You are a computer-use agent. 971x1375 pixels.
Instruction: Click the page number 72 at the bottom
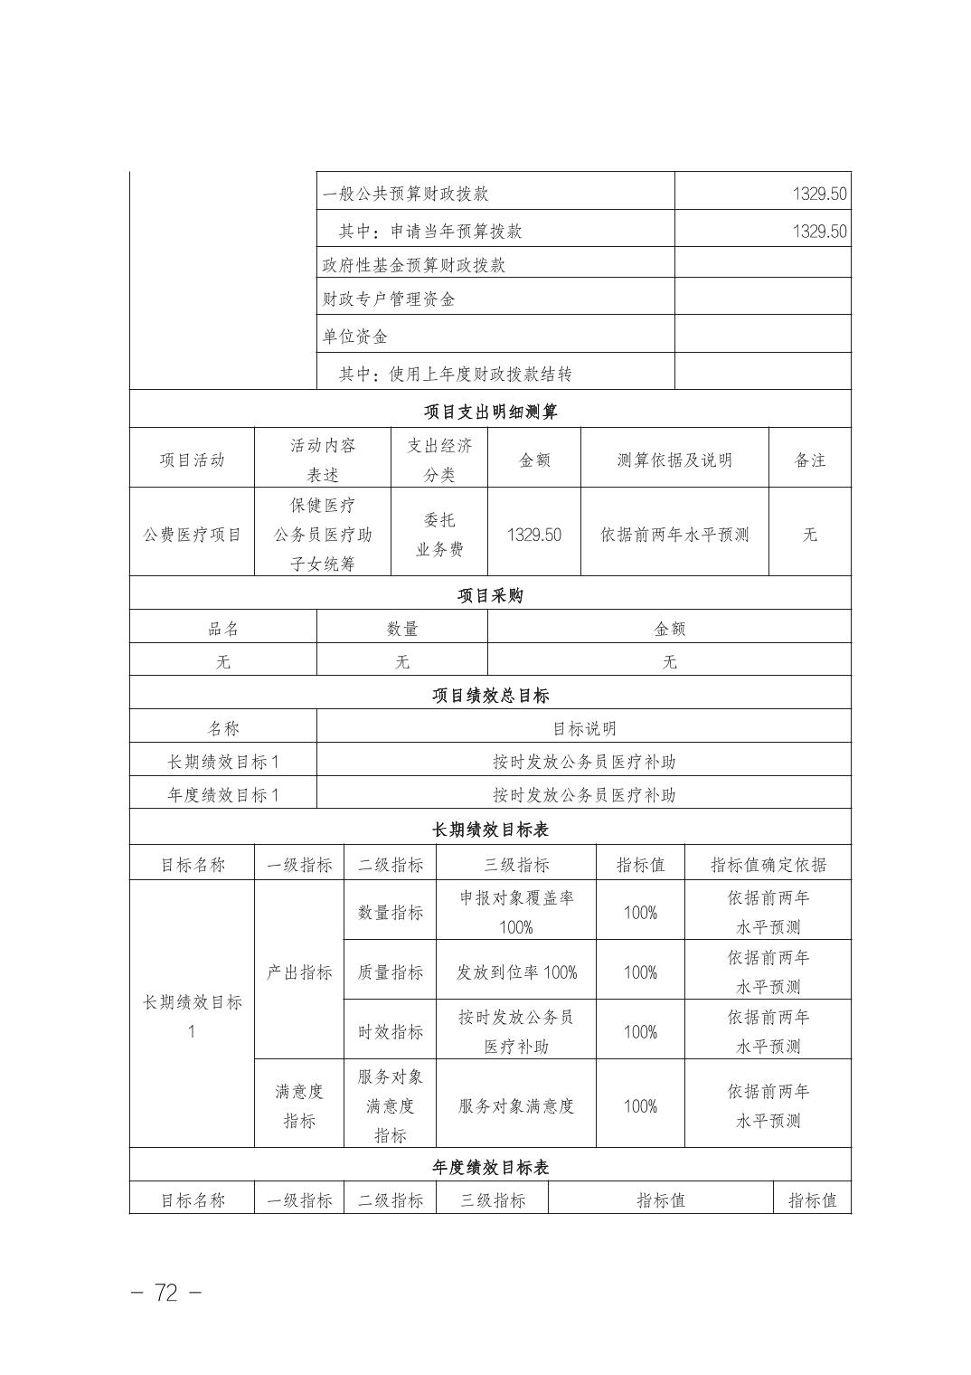click(x=166, y=1293)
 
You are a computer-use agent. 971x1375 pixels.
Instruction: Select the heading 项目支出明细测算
click(x=490, y=412)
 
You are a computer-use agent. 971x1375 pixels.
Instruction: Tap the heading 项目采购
click(x=490, y=595)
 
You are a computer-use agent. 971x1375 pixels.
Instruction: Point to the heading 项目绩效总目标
click(x=490, y=696)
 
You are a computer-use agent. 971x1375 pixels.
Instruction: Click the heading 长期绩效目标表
click(x=490, y=830)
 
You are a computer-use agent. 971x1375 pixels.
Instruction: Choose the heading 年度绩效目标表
click(x=490, y=1167)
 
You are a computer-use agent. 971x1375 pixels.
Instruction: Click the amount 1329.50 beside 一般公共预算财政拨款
click(x=819, y=194)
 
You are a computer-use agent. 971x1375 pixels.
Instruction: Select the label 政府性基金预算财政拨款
click(x=414, y=265)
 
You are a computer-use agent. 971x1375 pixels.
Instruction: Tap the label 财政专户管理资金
click(x=389, y=299)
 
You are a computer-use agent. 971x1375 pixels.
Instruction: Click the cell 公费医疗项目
click(x=193, y=535)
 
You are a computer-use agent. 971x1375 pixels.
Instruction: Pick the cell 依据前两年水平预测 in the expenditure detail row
click(x=674, y=535)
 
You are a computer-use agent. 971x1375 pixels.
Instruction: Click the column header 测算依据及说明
click(x=674, y=460)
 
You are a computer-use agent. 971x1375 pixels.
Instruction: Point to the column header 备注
click(x=809, y=460)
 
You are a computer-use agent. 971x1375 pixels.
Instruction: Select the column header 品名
click(x=223, y=629)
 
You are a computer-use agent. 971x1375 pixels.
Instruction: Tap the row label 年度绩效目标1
click(x=223, y=795)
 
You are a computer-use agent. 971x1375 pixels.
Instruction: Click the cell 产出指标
click(x=299, y=972)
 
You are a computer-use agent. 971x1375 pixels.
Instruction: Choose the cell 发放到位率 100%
click(x=516, y=972)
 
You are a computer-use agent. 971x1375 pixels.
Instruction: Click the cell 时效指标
click(x=390, y=1032)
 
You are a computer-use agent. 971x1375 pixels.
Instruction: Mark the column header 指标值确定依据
click(x=768, y=865)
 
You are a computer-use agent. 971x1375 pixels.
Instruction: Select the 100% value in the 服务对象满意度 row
click(x=640, y=1106)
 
